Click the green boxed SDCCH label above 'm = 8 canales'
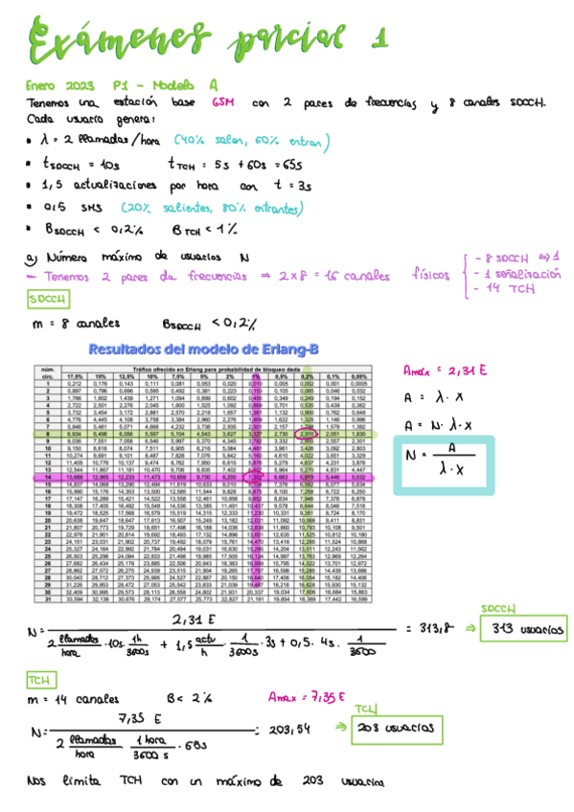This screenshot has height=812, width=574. pos(45,300)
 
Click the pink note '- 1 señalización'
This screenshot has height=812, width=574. pos(517,272)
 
